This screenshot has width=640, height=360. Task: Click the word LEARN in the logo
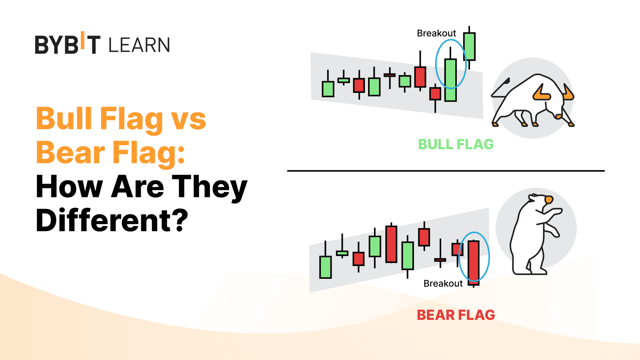(139, 45)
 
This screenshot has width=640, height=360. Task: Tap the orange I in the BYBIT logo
(82, 40)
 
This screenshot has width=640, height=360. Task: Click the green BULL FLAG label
(456, 144)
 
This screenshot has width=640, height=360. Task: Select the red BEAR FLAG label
(456, 315)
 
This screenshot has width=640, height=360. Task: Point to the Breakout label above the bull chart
(436, 34)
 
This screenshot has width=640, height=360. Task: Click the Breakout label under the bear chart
(443, 284)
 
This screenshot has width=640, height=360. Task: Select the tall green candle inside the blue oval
(450, 80)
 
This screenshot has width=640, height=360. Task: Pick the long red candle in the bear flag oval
(474, 263)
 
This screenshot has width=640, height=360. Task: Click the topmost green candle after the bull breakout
(469, 46)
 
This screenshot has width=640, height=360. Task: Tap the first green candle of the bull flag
(328, 89)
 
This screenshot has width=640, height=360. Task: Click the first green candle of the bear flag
(326, 267)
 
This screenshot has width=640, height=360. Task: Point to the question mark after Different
(179, 220)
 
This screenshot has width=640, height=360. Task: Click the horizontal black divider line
(446, 171)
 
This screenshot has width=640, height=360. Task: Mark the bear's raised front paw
(556, 212)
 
